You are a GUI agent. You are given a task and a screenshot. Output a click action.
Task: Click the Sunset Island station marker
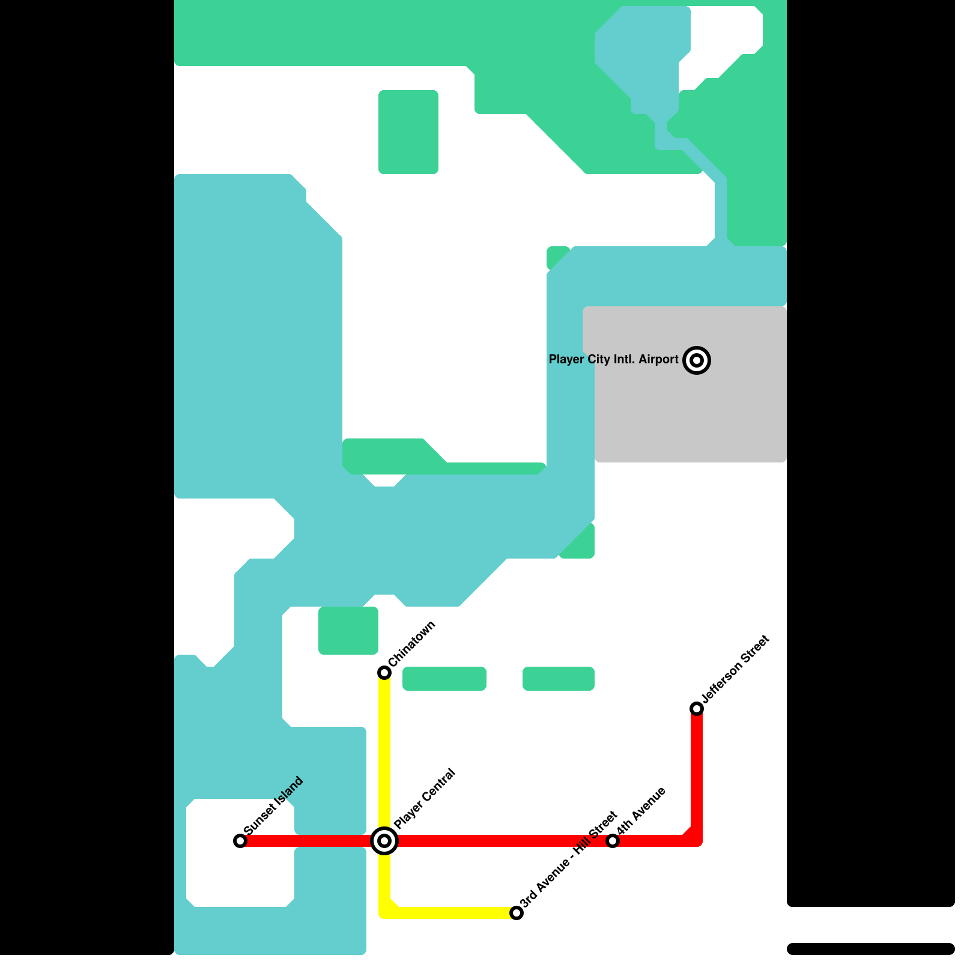click(240, 841)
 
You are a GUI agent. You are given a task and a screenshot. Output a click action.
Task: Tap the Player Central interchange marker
click(384, 841)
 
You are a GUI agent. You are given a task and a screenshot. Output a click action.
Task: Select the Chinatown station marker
click(384, 673)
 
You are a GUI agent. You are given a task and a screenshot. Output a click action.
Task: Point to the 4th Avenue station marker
click(613, 841)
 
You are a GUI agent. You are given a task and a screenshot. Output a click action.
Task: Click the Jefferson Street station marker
click(697, 709)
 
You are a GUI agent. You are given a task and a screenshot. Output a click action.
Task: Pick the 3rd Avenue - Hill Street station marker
click(517, 913)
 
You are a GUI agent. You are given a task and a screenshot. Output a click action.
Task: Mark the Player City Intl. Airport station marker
click(697, 360)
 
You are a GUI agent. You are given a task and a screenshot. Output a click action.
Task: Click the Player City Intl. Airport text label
click(613, 359)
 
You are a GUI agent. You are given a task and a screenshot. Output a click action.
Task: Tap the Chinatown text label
click(412, 643)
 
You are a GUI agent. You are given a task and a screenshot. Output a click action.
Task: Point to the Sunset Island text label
click(274, 805)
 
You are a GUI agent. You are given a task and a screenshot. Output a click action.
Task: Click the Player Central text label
click(425, 799)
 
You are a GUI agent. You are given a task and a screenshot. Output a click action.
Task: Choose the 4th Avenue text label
click(641, 810)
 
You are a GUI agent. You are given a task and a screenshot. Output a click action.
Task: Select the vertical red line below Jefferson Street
click(697, 775)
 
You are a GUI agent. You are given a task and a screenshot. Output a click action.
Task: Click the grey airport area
click(691, 414)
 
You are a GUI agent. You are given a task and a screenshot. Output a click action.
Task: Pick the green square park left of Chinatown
click(348, 631)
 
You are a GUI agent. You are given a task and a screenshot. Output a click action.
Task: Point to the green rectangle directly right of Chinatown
click(444, 679)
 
